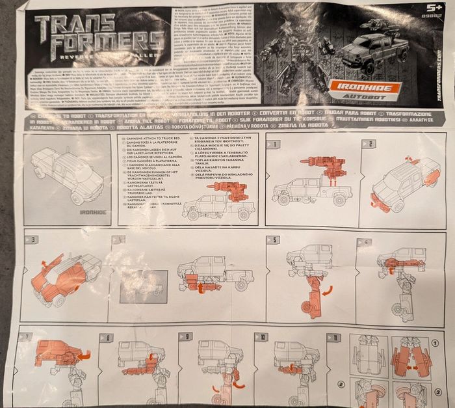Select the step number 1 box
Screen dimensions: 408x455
[x=276, y=144]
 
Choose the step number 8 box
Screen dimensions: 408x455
[x=107, y=337]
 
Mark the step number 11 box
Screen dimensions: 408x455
[x=335, y=337]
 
